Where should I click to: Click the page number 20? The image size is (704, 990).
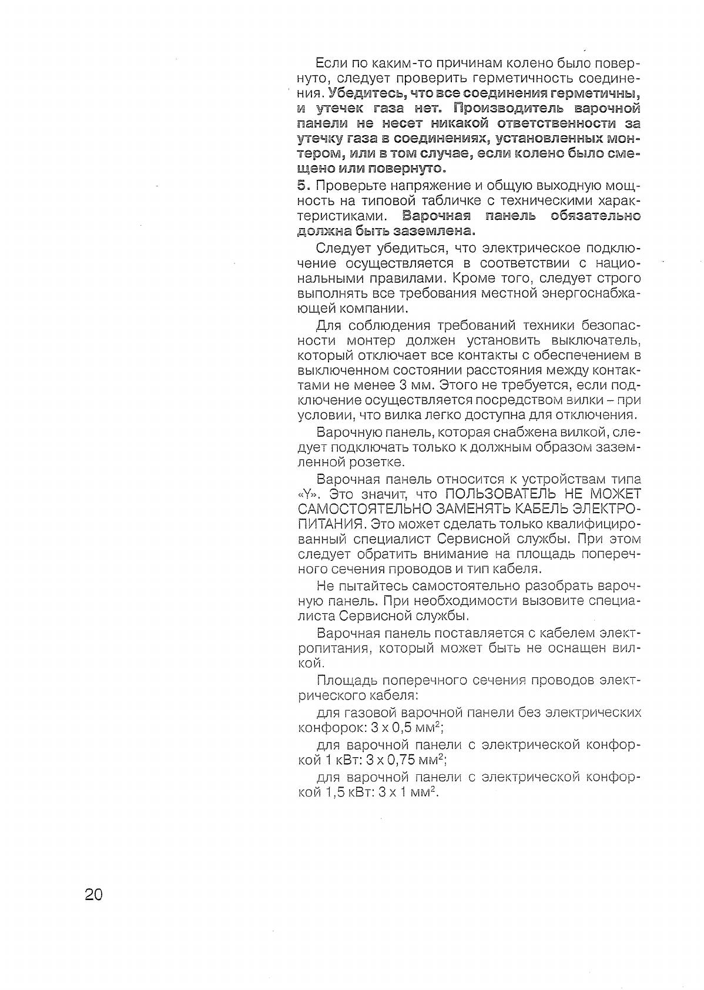pos(94,894)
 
